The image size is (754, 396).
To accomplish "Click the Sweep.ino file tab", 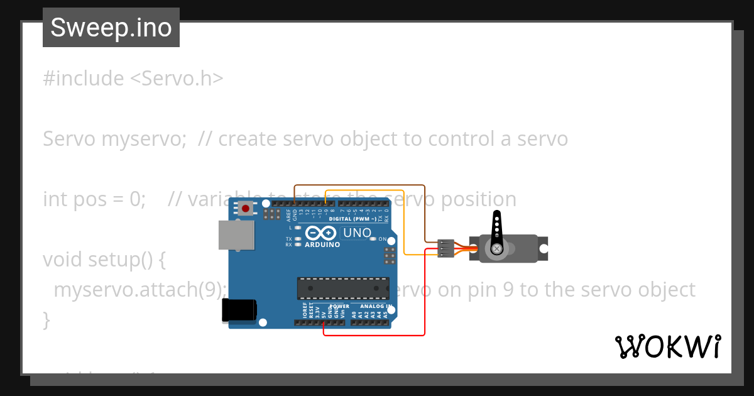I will (x=111, y=28).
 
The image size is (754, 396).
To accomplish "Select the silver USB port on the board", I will (x=237, y=235).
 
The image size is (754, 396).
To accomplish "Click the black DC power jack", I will (x=239, y=311).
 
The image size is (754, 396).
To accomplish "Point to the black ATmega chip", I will (x=342, y=288).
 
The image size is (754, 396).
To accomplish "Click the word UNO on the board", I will (x=358, y=233).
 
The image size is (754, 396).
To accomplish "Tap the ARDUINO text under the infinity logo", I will (x=322, y=245).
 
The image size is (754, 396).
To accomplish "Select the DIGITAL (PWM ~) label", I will (x=352, y=219).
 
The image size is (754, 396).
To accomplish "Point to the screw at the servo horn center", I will (x=497, y=250).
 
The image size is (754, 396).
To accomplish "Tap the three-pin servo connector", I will (x=445, y=248).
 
